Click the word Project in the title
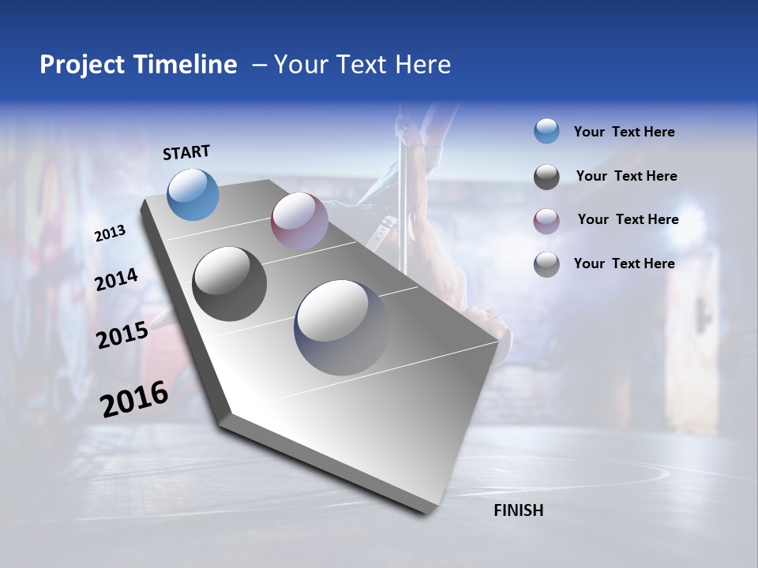(x=83, y=65)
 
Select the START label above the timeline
(x=186, y=152)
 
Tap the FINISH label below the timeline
(x=518, y=510)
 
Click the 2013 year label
(x=111, y=234)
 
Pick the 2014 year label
(x=117, y=280)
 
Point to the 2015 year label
(x=122, y=335)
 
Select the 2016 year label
(x=134, y=398)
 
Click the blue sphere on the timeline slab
(x=193, y=194)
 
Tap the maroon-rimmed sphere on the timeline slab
(x=299, y=220)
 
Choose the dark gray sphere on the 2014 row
(x=229, y=283)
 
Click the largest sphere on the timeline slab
(x=341, y=327)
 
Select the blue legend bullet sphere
(x=546, y=131)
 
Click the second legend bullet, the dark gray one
(x=546, y=177)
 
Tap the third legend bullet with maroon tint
(x=546, y=220)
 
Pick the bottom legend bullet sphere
(x=546, y=264)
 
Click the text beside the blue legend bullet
(x=624, y=132)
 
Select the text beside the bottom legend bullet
(x=624, y=263)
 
